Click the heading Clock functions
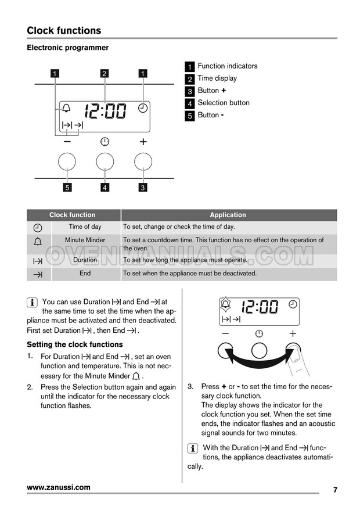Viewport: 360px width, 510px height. pyautogui.click(x=64, y=31)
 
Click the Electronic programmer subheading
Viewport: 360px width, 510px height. pyautogui.click(x=68, y=48)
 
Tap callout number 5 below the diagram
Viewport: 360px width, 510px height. pyautogui.click(x=67, y=187)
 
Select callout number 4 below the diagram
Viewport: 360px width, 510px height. pyautogui.click(x=105, y=187)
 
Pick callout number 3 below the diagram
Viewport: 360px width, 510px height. pyautogui.click(x=143, y=187)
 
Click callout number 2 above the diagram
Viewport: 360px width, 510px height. pyautogui.click(x=105, y=73)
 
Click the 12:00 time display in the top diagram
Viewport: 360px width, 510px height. pyautogui.click(x=105, y=110)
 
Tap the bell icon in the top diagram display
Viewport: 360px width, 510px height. pyautogui.click(x=66, y=109)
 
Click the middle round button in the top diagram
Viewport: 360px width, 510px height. pyautogui.click(x=105, y=161)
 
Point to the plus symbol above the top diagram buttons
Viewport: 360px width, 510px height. pyautogui.click(x=143, y=141)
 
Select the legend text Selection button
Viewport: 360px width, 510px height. pyautogui.click(x=224, y=103)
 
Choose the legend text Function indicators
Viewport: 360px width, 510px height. pyautogui.click(x=227, y=66)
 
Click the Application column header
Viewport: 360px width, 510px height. pyautogui.click(x=228, y=215)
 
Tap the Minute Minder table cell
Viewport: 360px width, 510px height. pyautogui.click(x=85, y=240)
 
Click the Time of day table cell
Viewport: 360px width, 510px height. pyautogui.click(x=85, y=227)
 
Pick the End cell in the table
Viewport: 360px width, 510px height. pyautogui.click(x=85, y=273)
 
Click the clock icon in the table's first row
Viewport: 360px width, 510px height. pyautogui.click(x=38, y=228)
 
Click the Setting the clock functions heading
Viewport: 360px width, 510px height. pyautogui.click(x=75, y=344)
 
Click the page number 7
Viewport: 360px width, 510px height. pyautogui.click(x=335, y=490)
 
